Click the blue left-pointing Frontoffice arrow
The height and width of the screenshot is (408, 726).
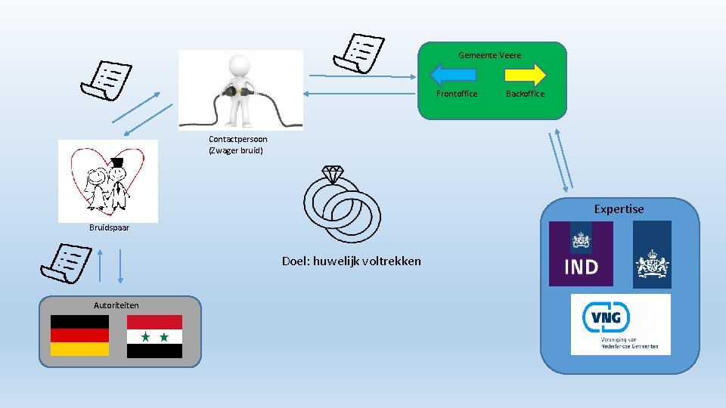tap(453, 74)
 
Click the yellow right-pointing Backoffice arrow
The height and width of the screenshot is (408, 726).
tap(525, 74)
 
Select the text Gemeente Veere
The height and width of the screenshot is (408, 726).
tap(489, 55)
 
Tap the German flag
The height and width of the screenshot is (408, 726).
tap(79, 335)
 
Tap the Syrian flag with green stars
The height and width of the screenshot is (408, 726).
tap(154, 336)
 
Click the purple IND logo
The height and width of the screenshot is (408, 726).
tap(581, 253)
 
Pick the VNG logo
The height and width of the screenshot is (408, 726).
tap(620, 324)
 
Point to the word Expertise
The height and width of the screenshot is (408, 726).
tap(619, 209)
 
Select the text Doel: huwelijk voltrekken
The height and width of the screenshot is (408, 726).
tap(352, 261)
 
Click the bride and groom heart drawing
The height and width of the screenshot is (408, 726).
tap(107, 181)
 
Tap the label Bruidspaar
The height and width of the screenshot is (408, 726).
tap(109, 227)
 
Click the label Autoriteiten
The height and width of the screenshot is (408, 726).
tap(116, 305)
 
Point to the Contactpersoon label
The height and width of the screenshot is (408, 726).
tap(237, 139)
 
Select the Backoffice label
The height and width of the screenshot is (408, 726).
tap(525, 94)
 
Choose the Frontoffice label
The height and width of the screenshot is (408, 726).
tap(457, 94)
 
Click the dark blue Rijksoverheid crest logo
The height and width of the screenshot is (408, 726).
tap(652, 255)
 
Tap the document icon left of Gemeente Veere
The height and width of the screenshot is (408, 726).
tap(358, 53)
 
